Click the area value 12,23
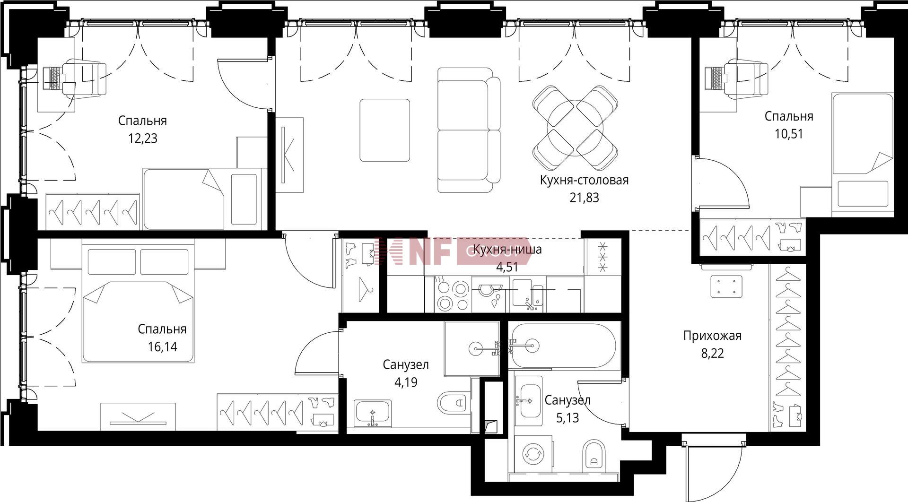142,138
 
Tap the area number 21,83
584,198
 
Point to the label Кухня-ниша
507,249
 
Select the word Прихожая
712,336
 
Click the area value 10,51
788,134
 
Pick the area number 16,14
162,347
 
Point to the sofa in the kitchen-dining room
469,130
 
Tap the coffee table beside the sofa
385,130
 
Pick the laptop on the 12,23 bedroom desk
53,78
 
